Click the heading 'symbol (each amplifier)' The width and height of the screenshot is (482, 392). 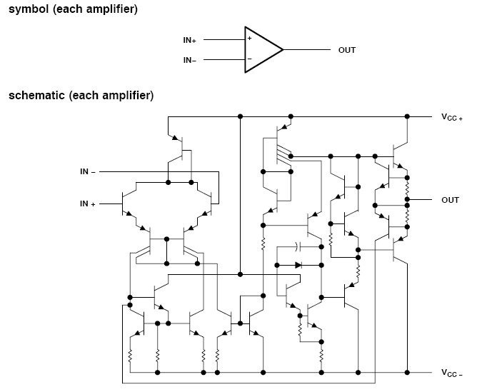point(73,10)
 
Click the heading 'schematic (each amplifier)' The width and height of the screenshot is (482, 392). point(81,96)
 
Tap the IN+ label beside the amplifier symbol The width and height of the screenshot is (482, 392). point(189,41)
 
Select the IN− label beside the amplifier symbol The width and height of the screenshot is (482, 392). point(189,60)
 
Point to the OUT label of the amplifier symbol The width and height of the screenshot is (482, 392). point(346,50)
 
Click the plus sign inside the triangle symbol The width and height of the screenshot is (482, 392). point(249,38)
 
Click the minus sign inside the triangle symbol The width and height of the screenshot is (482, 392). point(249,59)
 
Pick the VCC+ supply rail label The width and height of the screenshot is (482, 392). point(451,117)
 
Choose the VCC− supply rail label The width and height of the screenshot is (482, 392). point(451,373)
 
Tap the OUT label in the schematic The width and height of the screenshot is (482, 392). point(450,200)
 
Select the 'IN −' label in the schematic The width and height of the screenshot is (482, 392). point(88,172)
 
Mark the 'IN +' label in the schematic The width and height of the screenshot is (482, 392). point(88,204)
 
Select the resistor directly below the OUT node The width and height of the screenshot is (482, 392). point(408,212)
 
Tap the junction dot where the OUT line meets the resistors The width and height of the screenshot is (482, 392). point(408,200)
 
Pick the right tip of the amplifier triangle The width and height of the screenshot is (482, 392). point(283,50)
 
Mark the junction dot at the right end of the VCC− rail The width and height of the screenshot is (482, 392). point(408,373)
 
